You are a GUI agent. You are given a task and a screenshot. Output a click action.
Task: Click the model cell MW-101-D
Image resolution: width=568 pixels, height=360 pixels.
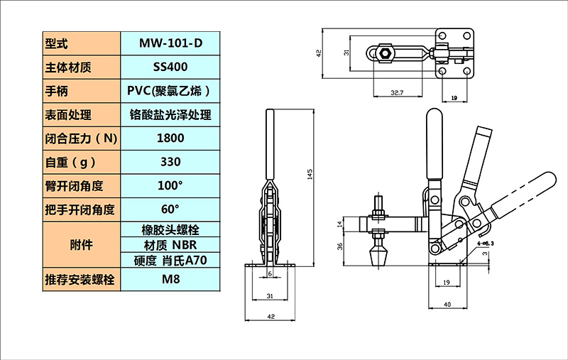(170, 43)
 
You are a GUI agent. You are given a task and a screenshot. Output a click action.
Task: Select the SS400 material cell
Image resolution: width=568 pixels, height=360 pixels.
(170, 67)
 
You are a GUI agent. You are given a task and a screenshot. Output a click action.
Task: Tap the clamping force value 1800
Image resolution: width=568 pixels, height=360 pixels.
(170, 138)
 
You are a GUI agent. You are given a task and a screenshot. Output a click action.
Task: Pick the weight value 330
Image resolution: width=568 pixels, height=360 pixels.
(170, 162)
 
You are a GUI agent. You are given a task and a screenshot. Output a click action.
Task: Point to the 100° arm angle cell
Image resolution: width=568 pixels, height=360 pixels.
(170, 186)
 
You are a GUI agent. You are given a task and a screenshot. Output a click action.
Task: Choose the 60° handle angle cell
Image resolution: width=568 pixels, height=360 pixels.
(170, 209)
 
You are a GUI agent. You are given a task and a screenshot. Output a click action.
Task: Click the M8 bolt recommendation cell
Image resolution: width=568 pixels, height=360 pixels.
(170, 279)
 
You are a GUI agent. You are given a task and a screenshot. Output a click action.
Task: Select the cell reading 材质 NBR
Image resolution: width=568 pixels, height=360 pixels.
(170, 245)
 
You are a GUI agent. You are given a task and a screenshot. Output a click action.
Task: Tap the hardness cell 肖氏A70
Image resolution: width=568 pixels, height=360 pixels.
(170, 260)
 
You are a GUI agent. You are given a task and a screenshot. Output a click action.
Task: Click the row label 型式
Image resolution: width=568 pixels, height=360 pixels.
(56, 44)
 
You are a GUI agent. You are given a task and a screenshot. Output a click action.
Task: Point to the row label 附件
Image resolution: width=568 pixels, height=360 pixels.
(81, 245)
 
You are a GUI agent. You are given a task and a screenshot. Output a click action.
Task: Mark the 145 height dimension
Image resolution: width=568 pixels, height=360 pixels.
(310, 174)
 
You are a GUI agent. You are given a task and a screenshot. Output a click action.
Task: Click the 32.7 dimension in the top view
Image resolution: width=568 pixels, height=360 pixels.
(397, 93)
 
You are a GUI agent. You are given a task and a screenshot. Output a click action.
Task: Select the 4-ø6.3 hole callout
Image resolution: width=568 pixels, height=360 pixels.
(486, 244)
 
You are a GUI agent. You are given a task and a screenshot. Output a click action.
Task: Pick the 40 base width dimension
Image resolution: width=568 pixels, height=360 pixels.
(447, 305)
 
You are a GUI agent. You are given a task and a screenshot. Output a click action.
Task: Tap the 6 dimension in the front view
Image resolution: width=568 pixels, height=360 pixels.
(270, 274)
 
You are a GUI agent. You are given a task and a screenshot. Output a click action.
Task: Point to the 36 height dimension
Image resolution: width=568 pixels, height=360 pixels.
(340, 246)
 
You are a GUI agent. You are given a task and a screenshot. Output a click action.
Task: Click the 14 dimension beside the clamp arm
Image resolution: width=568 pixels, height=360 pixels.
(340, 224)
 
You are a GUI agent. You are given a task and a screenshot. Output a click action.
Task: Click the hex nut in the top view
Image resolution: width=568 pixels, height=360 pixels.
(384, 53)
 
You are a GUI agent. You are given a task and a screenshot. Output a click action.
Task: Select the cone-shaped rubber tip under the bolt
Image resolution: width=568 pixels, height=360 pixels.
(378, 256)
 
